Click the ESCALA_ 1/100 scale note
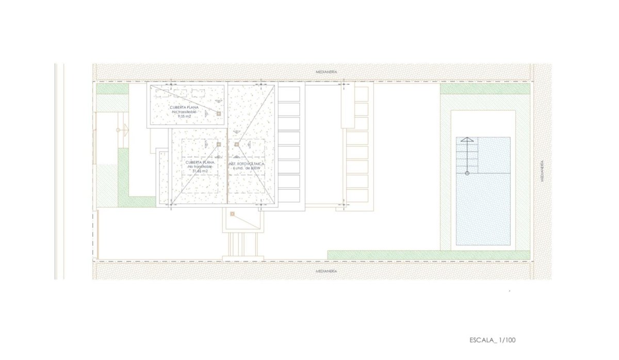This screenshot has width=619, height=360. [x=493, y=340]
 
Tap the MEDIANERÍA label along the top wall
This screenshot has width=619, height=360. [x=326, y=72]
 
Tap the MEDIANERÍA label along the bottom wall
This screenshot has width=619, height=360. [x=326, y=270]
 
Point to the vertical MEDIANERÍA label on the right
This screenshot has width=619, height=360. [x=542, y=171]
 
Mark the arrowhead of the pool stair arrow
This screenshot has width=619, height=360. [x=467, y=139]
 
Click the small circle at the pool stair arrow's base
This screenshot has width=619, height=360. [x=467, y=173]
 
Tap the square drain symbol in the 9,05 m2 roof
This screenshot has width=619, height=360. [x=219, y=113]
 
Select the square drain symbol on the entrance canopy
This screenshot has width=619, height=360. [x=233, y=214]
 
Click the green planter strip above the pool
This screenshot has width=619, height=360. [x=485, y=89]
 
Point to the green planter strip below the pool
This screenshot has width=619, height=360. [x=428, y=255]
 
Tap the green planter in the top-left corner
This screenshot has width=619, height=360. [x=112, y=89]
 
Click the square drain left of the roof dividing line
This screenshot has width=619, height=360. [x=219, y=144]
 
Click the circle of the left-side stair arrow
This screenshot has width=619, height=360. [x=118, y=130]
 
